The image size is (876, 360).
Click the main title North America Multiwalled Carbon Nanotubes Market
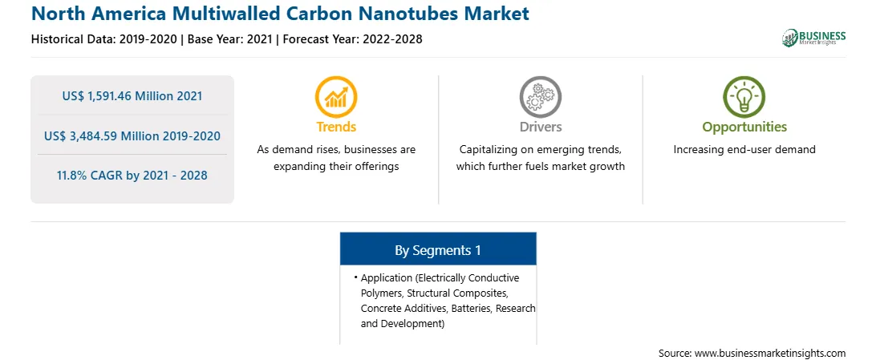point(280,14)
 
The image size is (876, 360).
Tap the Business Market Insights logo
point(814,38)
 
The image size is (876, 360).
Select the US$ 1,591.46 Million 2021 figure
point(132,96)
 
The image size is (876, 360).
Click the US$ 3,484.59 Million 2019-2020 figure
point(132,136)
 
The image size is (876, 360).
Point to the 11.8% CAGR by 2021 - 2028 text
point(132,176)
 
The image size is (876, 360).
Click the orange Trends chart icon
point(336,97)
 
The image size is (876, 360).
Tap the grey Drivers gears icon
point(540,97)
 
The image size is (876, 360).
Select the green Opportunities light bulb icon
point(744,97)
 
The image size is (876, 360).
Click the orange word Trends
point(336,127)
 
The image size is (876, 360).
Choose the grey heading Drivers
point(540,127)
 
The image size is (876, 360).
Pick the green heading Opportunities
point(744,127)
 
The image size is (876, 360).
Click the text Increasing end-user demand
point(744,150)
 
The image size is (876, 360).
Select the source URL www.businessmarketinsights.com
point(770,353)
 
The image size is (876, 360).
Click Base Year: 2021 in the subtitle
point(230,39)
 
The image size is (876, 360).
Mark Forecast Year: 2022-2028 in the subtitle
point(351,39)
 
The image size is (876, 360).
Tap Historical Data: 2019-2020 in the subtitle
point(106,39)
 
